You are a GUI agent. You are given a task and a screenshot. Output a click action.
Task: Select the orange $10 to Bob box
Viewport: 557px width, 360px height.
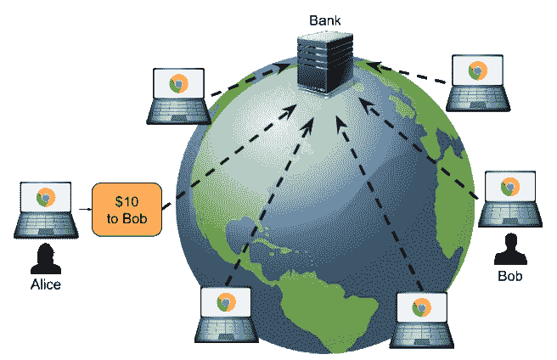click(x=127, y=209)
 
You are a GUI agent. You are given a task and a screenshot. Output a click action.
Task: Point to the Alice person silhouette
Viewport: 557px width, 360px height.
click(x=44, y=257)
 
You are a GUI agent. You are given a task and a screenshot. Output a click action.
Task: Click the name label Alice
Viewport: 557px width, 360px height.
click(x=44, y=284)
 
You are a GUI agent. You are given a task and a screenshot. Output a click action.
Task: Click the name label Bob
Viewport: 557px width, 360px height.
click(x=509, y=277)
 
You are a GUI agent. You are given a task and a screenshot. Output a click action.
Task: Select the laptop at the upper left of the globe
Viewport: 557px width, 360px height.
click(x=177, y=93)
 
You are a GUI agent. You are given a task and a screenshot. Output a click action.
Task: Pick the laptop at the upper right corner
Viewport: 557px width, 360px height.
click(x=479, y=82)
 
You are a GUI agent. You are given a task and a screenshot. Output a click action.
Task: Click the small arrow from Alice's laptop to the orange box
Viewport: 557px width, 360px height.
click(x=82, y=208)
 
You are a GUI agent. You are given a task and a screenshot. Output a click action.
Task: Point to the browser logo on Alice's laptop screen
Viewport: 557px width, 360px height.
click(x=44, y=198)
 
